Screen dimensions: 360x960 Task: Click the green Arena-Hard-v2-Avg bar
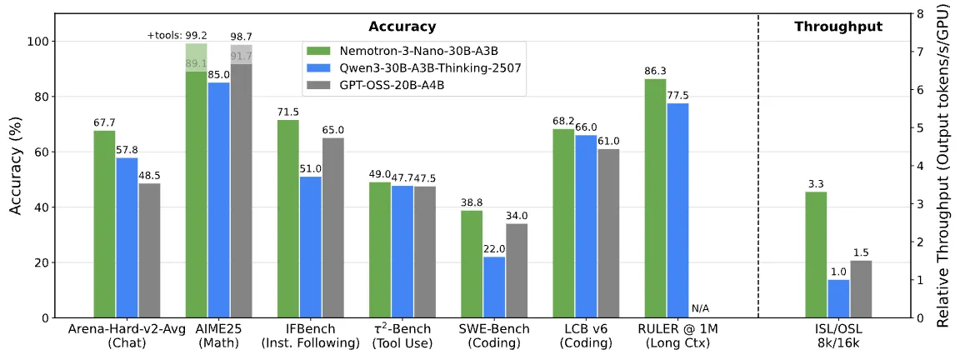coord(104,224)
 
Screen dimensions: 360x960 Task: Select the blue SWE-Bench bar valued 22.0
coord(494,287)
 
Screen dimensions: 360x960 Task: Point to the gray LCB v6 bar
coord(609,233)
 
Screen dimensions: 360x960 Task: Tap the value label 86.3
coord(655,72)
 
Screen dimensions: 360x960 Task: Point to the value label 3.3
coord(816,184)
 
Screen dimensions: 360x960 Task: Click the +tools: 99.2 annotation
coord(177,35)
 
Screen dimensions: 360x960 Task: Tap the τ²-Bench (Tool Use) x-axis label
coord(402,336)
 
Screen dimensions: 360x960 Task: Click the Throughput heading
coord(839,26)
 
